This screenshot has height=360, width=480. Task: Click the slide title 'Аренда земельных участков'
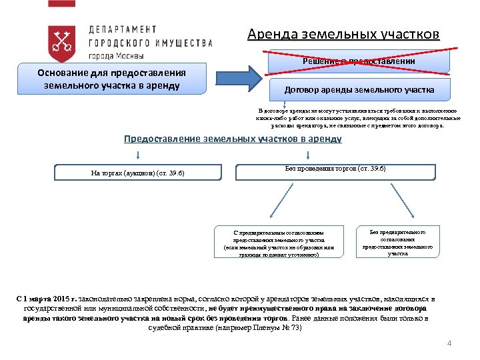coord(343,34)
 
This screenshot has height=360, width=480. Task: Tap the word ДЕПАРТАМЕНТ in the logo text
coord(123,29)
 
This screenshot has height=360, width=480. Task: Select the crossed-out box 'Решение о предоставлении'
coord(359,61)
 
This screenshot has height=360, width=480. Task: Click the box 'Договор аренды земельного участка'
coord(359,89)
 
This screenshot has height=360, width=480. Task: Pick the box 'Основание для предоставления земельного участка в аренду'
coord(111,79)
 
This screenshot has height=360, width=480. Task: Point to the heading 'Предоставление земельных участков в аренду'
coord(233,139)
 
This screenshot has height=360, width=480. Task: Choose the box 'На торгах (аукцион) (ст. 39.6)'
coord(137,173)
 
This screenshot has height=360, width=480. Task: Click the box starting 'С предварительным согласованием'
coord(279,243)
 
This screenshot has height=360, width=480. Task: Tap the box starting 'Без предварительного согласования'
coord(397,242)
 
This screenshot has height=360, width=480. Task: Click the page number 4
coord(449,343)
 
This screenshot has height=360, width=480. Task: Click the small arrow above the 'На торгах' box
coord(137,156)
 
